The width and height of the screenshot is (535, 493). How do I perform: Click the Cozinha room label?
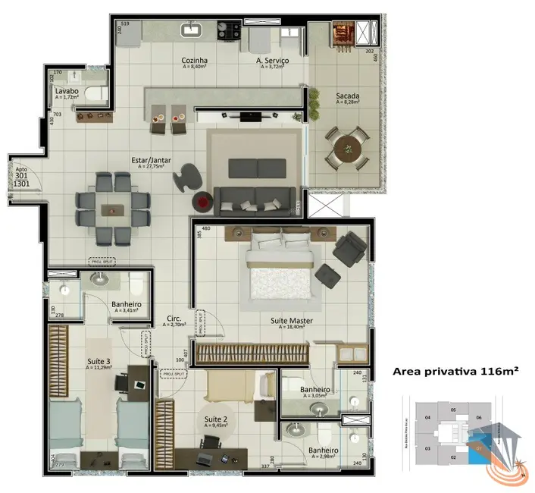195,60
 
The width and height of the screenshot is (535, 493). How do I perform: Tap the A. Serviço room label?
270,60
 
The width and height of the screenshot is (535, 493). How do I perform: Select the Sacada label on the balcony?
348,96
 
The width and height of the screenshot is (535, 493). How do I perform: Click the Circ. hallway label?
174,318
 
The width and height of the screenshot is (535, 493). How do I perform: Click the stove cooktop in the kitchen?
227,31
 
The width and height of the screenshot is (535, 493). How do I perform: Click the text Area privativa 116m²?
455,372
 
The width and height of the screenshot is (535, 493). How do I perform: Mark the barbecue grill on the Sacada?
339,34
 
